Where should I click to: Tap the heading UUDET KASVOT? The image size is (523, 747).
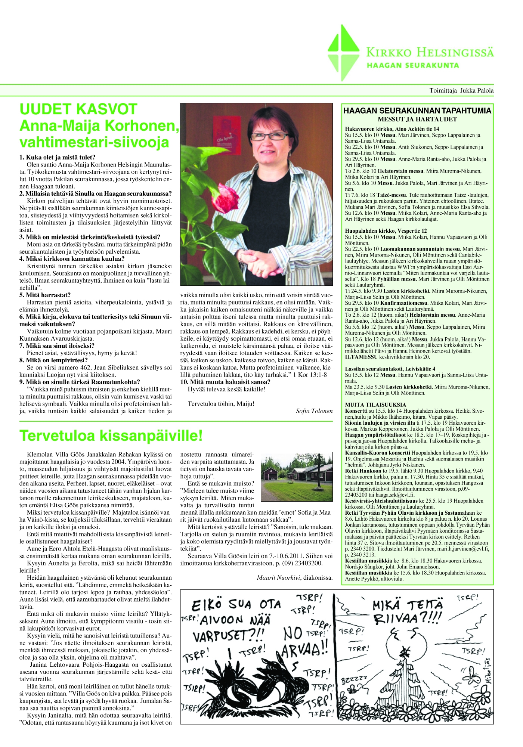click(x=78, y=109)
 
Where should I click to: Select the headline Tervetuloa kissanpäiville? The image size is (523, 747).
click(x=111, y=436)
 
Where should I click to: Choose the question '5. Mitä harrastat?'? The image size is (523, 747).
click(x=45, y=295)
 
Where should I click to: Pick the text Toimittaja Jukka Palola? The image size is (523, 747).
click(x=461, y=90)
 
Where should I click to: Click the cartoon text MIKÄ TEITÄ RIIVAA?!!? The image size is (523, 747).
click(x=408, y=612)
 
